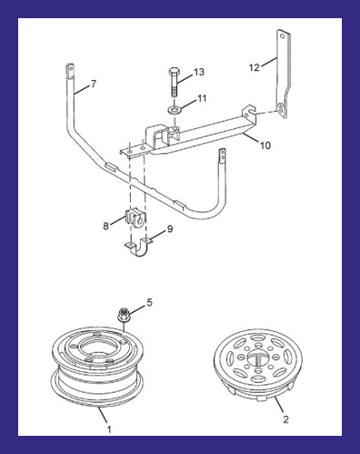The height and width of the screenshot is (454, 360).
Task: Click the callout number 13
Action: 199,72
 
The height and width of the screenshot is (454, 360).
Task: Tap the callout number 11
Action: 202,98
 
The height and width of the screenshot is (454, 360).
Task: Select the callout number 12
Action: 255,67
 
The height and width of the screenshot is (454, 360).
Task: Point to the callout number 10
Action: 265,146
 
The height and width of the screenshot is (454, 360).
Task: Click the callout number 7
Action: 94,84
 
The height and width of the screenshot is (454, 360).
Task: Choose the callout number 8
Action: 105,226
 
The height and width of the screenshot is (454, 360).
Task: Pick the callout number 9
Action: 170,229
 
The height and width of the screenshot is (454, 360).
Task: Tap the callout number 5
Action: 150,302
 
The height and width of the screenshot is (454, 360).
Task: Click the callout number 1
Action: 109,429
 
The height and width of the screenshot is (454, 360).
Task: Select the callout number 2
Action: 285,419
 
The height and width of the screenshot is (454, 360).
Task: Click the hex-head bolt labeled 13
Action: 174,82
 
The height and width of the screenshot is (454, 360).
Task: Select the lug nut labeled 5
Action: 123,315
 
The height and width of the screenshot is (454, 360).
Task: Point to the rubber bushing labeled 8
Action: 135,217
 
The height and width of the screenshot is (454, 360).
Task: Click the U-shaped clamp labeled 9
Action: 138,247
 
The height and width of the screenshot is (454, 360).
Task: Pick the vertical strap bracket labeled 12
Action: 284,74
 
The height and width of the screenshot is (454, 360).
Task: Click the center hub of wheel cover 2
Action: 258,358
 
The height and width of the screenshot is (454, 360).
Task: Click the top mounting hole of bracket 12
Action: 283,36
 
